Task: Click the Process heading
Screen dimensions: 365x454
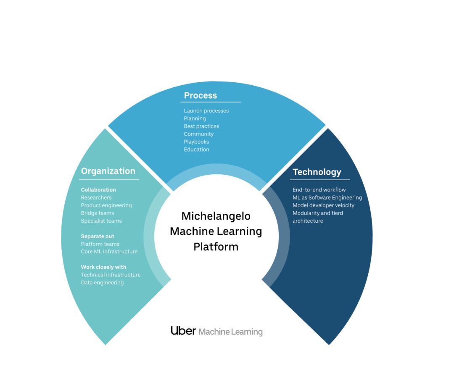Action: point(201,95)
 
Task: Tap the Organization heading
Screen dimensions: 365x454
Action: point(108,171)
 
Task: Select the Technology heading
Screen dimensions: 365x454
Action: point(317,172)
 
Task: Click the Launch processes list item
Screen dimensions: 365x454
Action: point(206,111)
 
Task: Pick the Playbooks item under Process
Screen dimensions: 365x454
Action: point(196,142)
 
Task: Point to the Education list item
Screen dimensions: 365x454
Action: point(196,150)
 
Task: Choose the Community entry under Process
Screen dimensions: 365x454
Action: point(198,134)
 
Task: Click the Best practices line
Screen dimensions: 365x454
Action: point(201,126)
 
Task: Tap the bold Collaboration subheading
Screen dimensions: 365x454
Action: point(98,190)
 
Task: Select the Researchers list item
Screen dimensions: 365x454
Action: point(96,197)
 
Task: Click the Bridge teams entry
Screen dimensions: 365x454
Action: point(98,213)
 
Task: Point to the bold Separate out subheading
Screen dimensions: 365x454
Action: point(98,236)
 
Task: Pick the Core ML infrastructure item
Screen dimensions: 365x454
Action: point(109,252)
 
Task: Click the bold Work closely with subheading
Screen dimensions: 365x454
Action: point(103,267)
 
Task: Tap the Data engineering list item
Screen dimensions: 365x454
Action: point(102,283)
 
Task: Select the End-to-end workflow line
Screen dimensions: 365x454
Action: point(319,190)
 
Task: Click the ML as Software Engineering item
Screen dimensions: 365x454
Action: point(327,197)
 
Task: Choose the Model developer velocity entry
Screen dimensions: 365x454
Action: point(323,205)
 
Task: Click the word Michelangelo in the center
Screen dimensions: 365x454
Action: point(216,216)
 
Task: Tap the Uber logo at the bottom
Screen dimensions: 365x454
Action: point(183,331)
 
